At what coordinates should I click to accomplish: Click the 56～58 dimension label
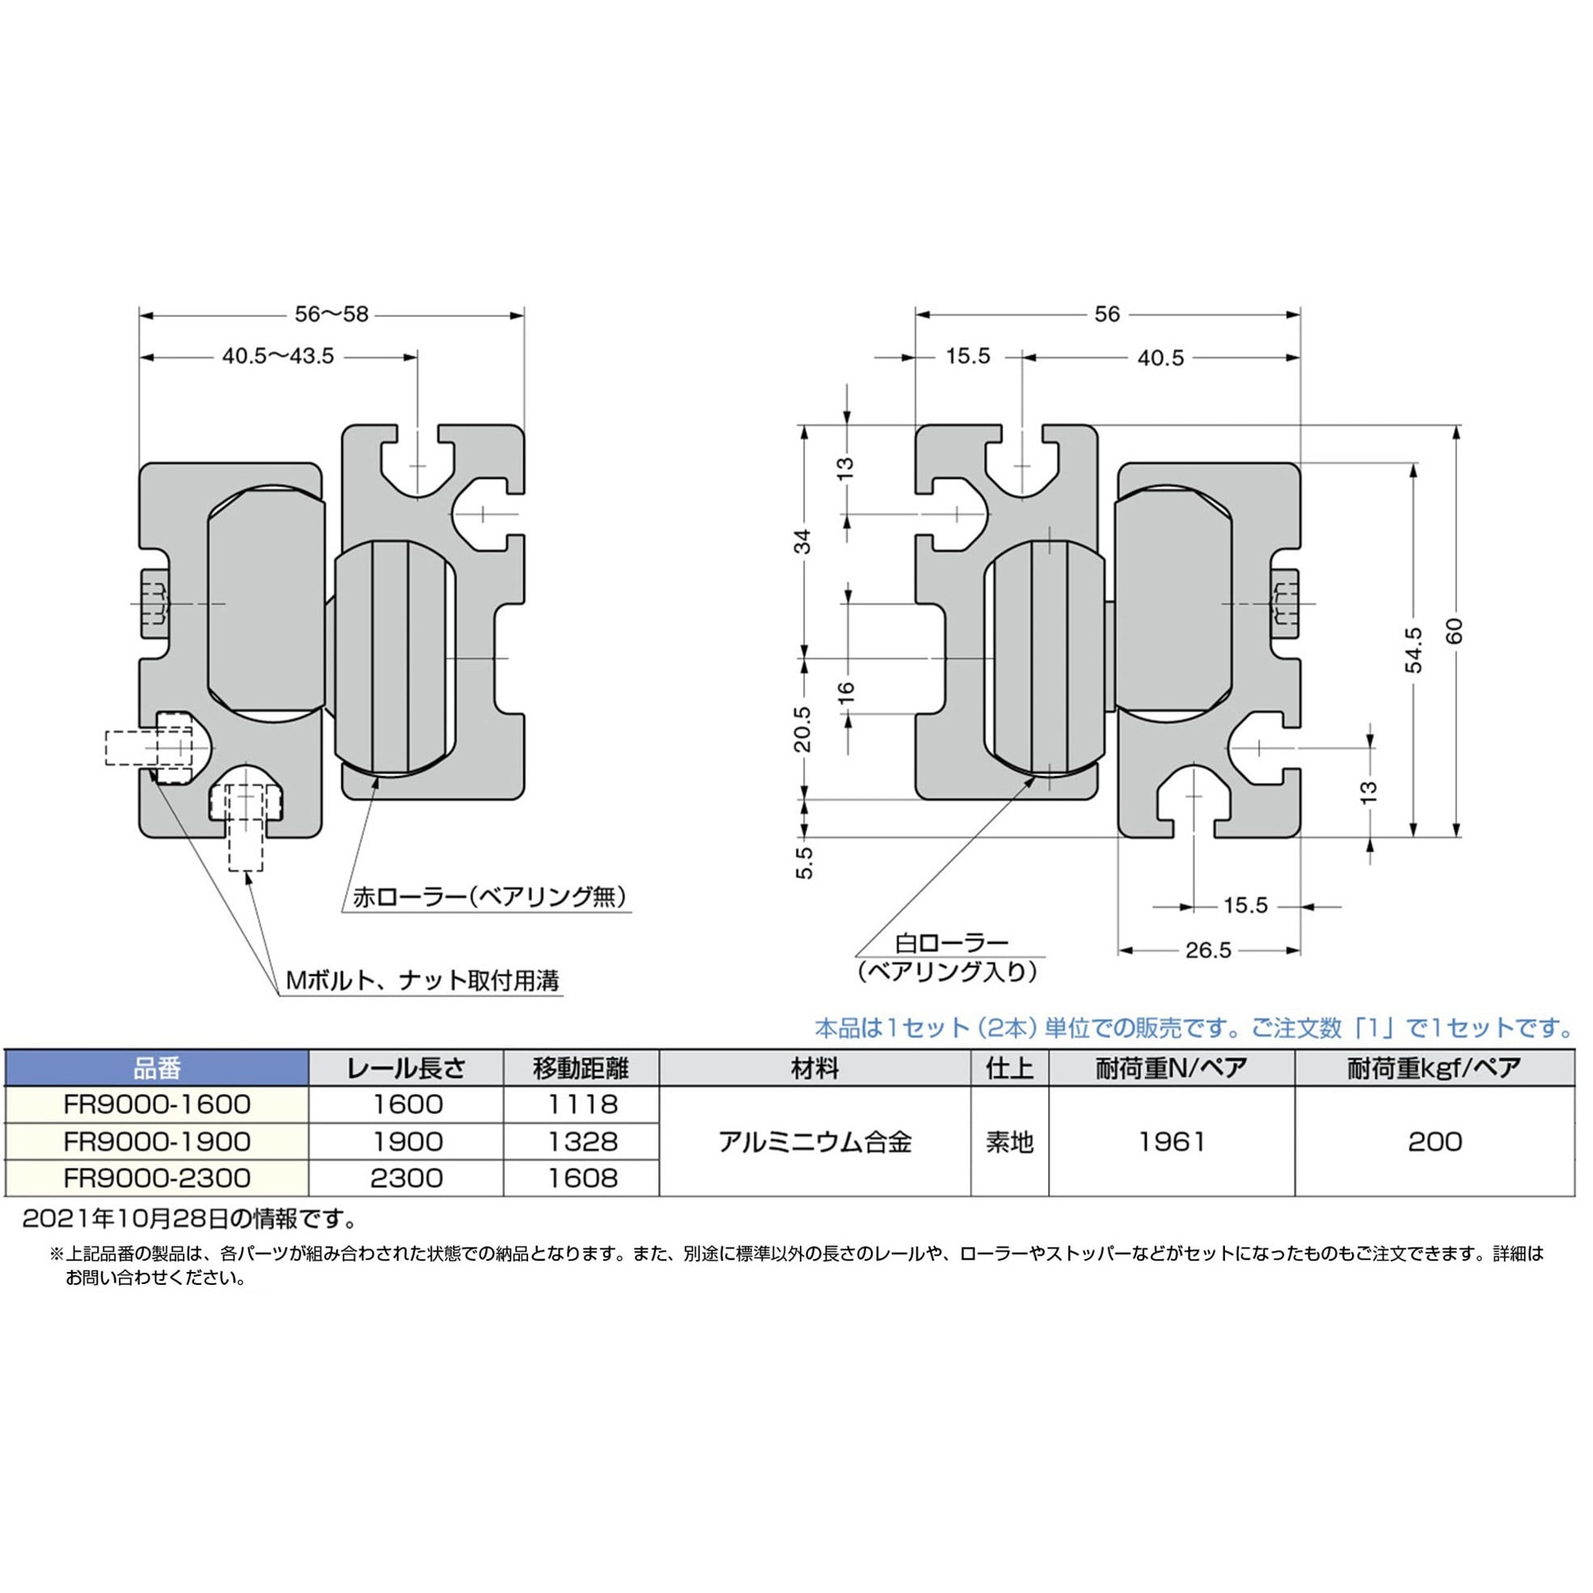[332, 314]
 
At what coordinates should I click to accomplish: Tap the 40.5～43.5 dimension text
[278, 356]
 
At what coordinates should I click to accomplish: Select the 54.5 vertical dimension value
[1414, 649]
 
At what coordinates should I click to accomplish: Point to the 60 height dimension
[1456, 631]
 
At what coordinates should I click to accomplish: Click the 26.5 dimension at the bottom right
[1208, 951]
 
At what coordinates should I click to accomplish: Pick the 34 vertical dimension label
[802, 542]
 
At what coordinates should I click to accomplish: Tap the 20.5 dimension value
[802, 729]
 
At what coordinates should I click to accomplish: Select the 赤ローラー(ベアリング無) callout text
[490, 896]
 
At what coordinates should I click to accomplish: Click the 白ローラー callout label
[953, 941]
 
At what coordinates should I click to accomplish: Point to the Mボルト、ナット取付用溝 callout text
[422, 980]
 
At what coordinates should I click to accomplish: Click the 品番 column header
[157, 1068]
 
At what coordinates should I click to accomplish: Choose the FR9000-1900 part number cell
[157, 1142]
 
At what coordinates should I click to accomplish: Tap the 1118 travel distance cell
[582, 1105]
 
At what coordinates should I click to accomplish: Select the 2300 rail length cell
[407, 1178]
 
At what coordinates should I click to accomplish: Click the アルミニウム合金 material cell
[814, 1142]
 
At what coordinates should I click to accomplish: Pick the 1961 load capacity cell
[1172, 1142]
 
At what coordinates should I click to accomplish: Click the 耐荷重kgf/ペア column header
[1435, 1068]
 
